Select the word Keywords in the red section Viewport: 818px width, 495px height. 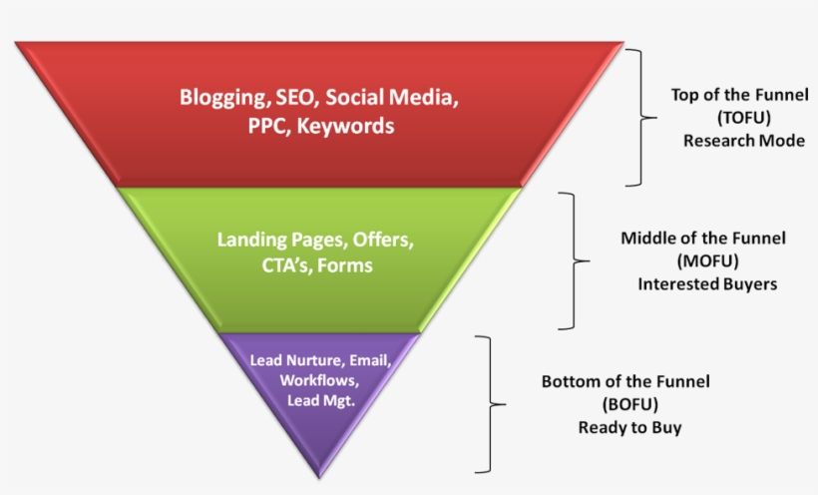click(345, 126)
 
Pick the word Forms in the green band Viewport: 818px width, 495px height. click(345, 265)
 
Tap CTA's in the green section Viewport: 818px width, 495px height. click(286, 265)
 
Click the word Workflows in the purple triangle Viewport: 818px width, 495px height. click(319, 380)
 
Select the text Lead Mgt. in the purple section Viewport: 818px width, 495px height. click(321, 400)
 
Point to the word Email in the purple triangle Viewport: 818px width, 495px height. click(370, 360)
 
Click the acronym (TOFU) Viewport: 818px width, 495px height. click(744, 118)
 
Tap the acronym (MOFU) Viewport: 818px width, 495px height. click(708, 260)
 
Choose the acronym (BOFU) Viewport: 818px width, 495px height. click(630, 404)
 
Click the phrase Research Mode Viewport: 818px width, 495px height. click(744, 141)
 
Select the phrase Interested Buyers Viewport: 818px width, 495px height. click(707, 284)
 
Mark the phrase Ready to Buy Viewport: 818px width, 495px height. click(629, 428)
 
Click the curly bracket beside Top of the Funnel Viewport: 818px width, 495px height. click(641, 118)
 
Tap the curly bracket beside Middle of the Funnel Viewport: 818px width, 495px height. click(575, 261)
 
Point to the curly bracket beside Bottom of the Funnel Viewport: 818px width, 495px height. click(491, 404)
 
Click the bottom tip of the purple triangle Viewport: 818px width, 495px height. click(319, 478)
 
